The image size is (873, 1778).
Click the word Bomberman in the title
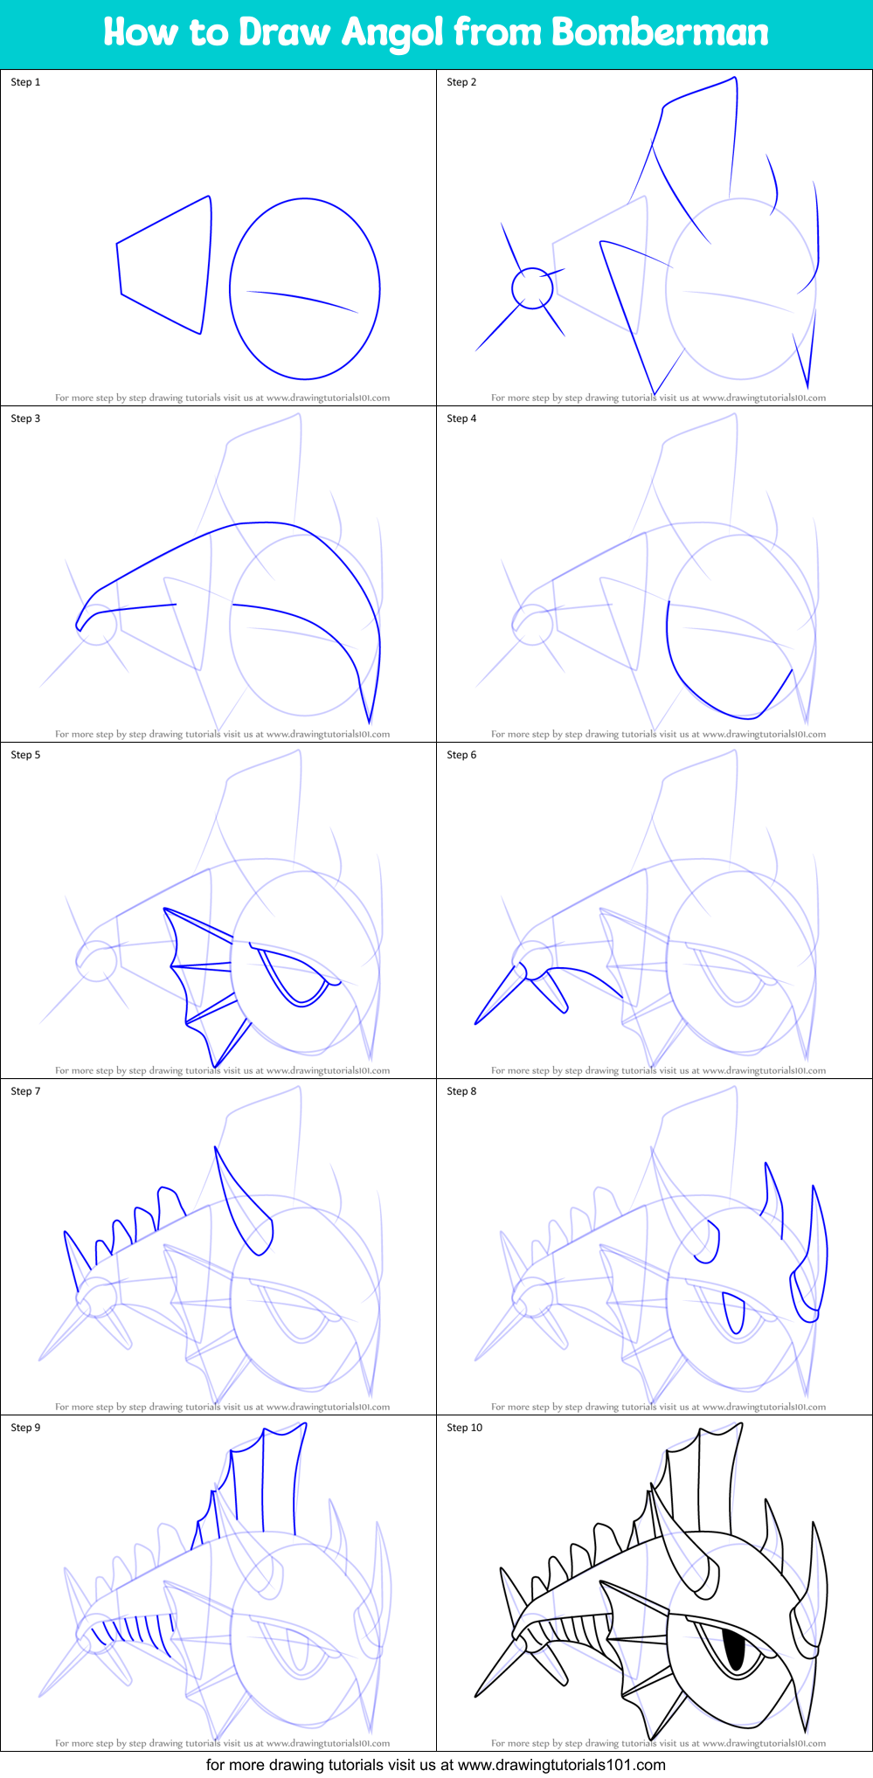[x=660, y=32]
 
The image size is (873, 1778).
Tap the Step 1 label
[x=25, y=82]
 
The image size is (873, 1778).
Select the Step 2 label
[x=461, y=82]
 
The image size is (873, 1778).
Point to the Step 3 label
[x=25, y=419]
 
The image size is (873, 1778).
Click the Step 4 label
[x=461, y=419]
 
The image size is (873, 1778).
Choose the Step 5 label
[x=25, y=755]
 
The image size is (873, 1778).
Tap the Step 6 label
[x=461, y=755]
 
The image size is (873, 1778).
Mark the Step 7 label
[x=25, y=1091]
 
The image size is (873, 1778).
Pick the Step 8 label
[x=461, y=1091]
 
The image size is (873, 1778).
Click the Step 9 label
[x=25, y=1428]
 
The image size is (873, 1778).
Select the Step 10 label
[x=464, y=1428]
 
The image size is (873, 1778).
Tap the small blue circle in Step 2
[x=531, y=287]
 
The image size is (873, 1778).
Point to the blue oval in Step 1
[x=305, y=289]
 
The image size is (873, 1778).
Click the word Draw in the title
[x=285, y=32]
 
